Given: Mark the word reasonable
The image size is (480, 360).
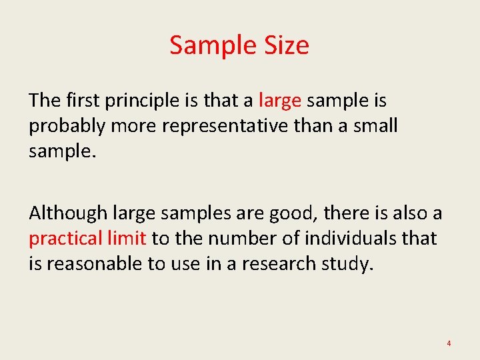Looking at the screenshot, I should (95, 263).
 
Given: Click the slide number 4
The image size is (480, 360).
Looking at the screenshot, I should (449, 343).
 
